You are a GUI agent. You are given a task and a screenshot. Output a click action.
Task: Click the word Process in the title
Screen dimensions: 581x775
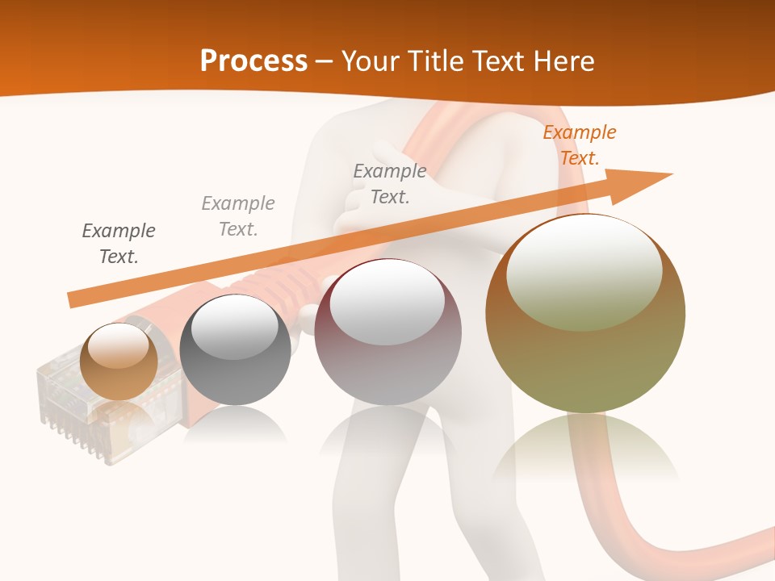[x=253, y=61]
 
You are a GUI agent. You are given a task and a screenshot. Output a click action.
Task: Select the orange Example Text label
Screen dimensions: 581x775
[x=579, y=145]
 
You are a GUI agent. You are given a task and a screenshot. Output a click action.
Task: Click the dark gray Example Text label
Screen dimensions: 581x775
[x=119, y=244]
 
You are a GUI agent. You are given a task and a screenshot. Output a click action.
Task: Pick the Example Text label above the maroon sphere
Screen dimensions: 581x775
[x=390, y=183]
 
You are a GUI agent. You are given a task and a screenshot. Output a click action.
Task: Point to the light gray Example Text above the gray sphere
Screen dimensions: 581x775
[x=238, y=215]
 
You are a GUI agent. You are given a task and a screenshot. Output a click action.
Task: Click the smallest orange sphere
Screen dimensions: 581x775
[x=119, y=362]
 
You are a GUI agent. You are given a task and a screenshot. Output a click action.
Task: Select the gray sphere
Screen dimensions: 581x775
[x=235, y=350]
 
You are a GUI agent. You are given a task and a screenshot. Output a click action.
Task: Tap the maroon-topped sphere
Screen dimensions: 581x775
[x=387, y=332]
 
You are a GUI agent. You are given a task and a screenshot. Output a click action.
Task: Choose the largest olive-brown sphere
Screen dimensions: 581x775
[x=585, y=315]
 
